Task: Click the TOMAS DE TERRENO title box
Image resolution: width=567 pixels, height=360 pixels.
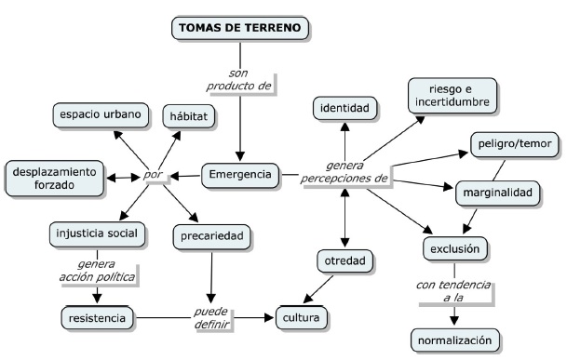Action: tap(240, 28)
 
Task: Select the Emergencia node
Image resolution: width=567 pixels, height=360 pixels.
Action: tap(240, 174)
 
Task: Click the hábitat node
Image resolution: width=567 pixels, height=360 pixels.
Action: tap(191, 116)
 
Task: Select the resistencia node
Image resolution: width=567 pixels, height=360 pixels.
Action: tap(98, 318)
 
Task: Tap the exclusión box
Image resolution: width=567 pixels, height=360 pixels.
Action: tap(454, 249)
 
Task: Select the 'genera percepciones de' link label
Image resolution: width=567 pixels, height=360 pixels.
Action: tap(344, 171)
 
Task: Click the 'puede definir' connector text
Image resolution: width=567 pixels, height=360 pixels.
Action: tap(210, 317)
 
